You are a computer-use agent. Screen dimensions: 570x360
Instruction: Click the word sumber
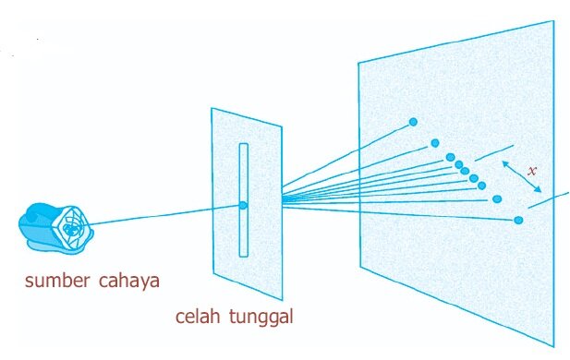[x=57, y=281]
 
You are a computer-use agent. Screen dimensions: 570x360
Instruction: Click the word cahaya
[x=129, y=282]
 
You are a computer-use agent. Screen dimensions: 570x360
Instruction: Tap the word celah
[x=198, y=316]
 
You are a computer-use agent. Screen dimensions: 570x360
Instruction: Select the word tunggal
[x=261, y=317]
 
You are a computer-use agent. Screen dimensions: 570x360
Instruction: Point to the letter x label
[x=532, y=171]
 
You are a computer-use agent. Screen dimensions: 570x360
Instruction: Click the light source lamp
[x=55, y=227]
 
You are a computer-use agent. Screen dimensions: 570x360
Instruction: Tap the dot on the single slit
[x=243, y=205]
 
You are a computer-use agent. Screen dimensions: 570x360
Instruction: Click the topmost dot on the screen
[x=413, y=122]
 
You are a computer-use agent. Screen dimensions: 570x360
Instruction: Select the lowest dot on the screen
[x=518, y=220]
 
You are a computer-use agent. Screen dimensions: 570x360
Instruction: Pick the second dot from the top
[x=435, y=143]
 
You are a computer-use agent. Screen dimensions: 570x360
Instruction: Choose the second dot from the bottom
[x=497, y=199]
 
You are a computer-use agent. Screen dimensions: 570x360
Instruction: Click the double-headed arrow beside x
[x=522, y=176]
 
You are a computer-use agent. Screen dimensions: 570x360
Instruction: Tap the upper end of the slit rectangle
[x=244, y=144]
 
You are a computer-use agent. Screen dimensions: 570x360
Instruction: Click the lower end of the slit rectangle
[x=244, y=256]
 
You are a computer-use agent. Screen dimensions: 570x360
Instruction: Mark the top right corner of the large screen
[x=553, y=21]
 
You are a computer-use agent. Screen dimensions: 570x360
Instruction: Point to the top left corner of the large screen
[x=358, y=63]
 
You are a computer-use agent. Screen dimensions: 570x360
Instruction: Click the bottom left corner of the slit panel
[x=213, y=273]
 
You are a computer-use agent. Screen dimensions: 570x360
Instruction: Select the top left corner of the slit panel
[x=212, y=108]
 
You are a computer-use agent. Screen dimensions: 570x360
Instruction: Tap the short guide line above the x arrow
[x=494, y=153]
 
